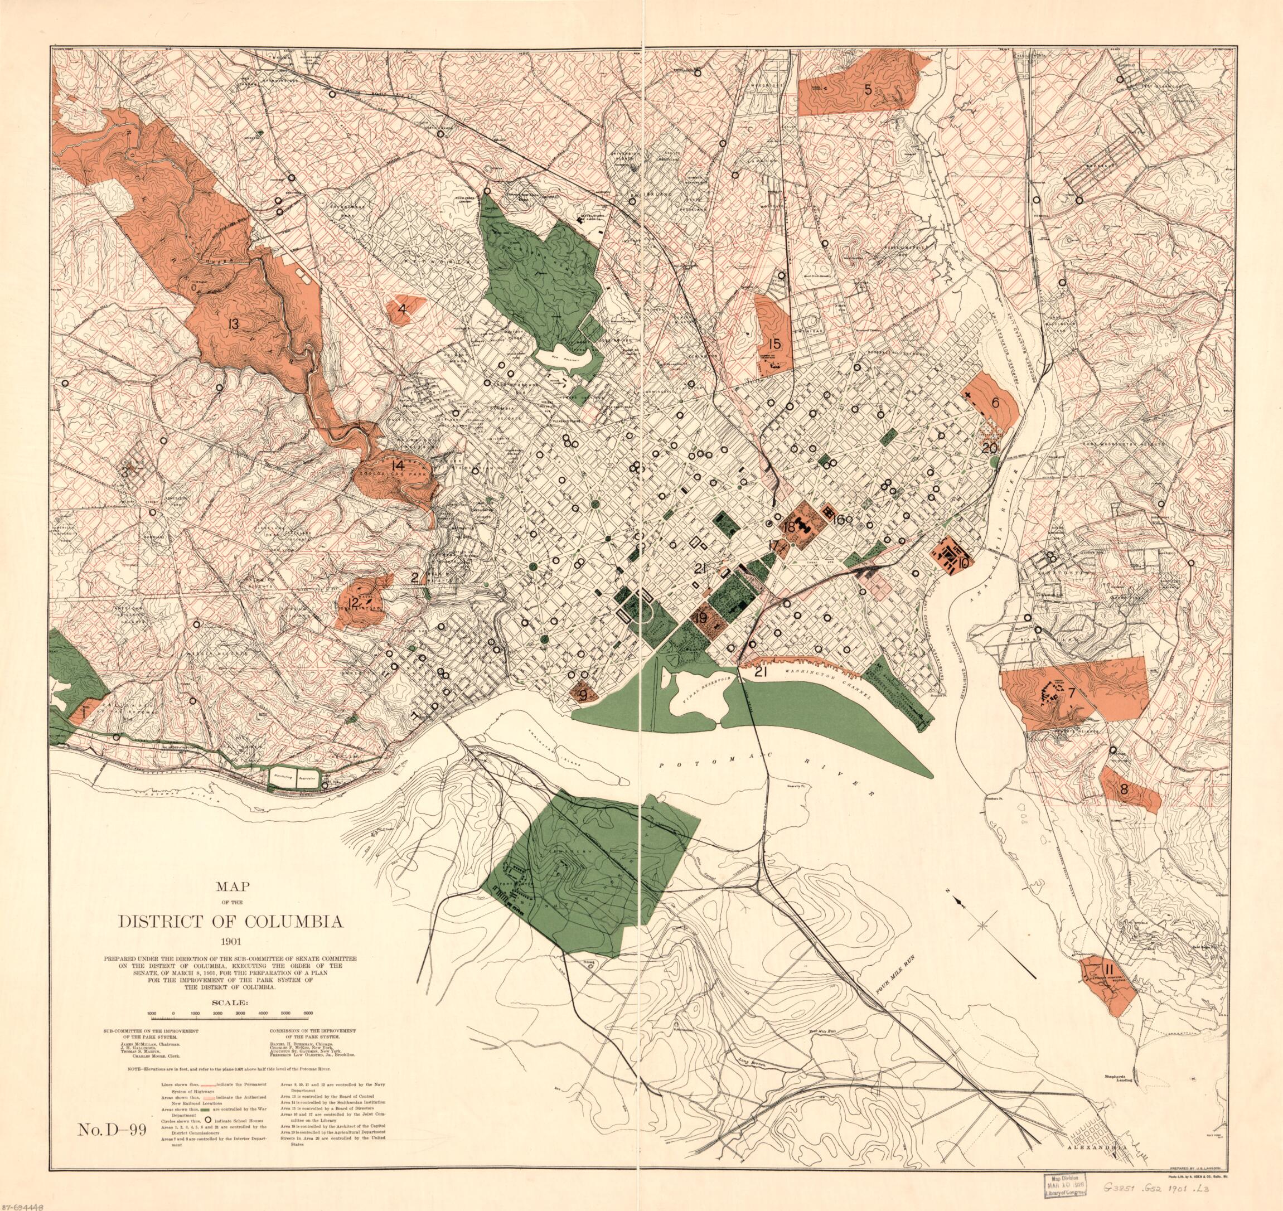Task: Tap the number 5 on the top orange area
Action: (869, 90)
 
